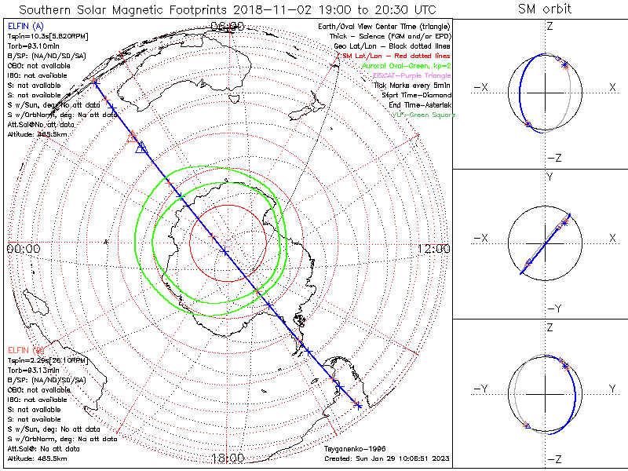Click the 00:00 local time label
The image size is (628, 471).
click(x=23, y=249)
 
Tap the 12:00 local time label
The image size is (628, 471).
click(x=433, y=249)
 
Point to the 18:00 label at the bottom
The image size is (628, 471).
click(x=228, y=458)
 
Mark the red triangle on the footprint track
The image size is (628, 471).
click(x=133, y=136)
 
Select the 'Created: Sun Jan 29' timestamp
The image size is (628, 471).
click(x=386, y=458)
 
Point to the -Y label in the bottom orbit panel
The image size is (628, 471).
click(x=478, y=389)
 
